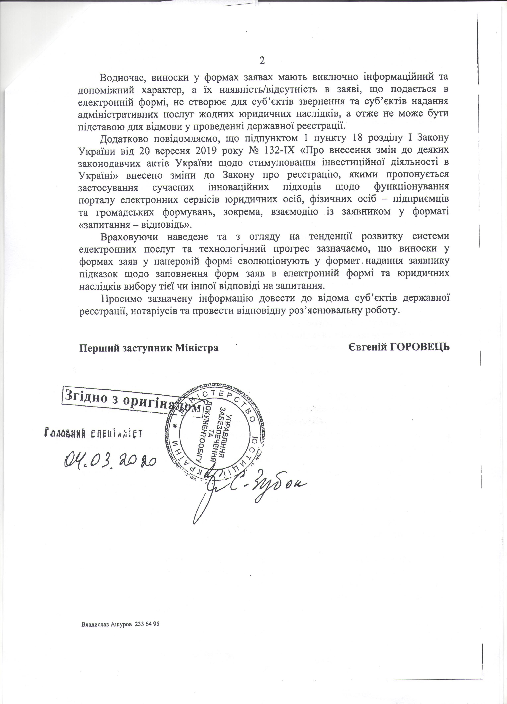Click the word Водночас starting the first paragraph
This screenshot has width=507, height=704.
point(119,77)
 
